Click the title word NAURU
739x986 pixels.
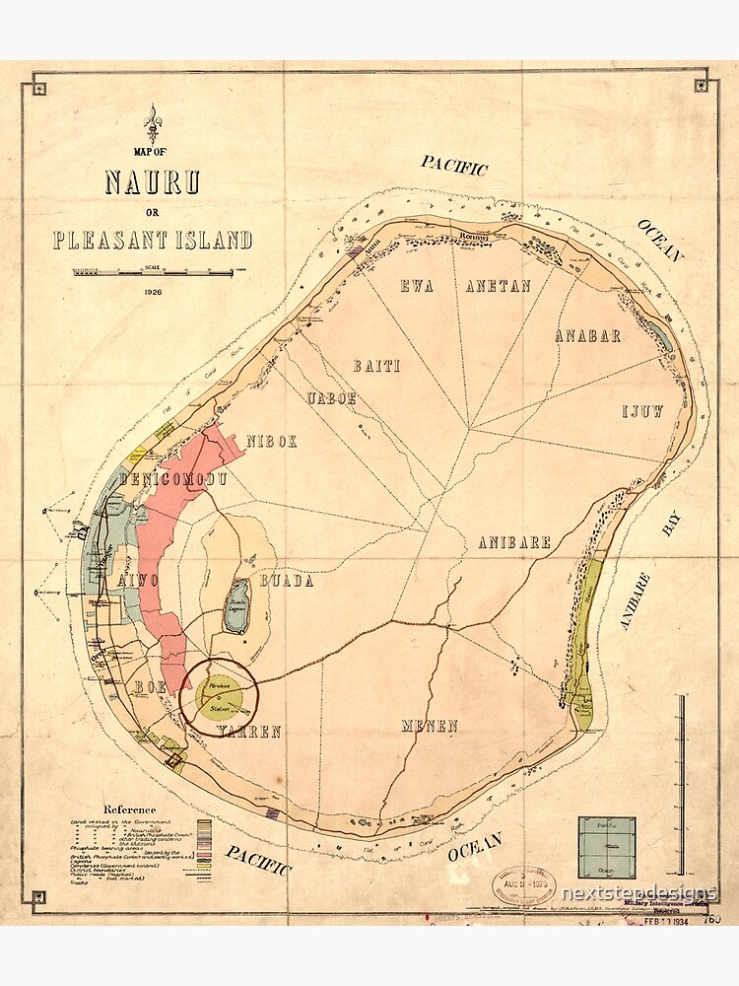[153, 183]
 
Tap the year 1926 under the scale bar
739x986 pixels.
[152, 293]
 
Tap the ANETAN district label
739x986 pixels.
[498, 286]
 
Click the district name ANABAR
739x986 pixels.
[587, 335]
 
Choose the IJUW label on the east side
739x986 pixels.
[641, 410]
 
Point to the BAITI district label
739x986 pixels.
[376, 366]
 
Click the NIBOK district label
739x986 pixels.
[271, 442]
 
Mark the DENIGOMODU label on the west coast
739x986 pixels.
[173, 480]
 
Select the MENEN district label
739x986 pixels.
[430, 727]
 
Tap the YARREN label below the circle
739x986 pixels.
[249, 732]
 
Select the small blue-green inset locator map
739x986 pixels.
[606, 845]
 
